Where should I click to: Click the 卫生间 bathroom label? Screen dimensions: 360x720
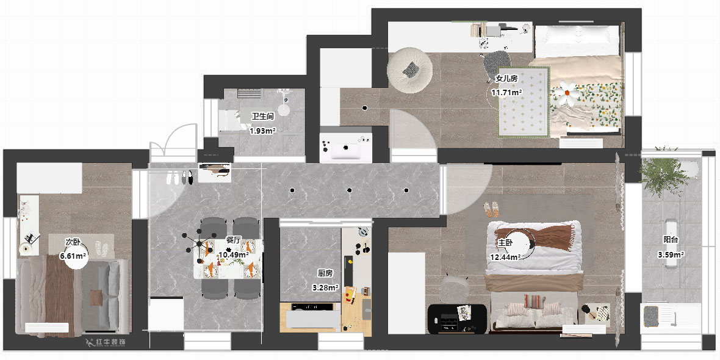[x=262, y=116]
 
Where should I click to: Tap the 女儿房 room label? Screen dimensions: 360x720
[x=506, y=79]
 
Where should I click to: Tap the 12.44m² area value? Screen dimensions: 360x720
[x=505, y=257]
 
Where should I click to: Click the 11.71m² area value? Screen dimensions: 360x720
[x=506, y=93]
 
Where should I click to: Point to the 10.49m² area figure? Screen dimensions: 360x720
[x=233, y=254]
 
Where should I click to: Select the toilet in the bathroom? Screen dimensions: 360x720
[x=283, y=105]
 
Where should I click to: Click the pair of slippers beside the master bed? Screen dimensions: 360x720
[x=492, y=210]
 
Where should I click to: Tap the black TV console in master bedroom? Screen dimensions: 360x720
[x=457, y=317]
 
